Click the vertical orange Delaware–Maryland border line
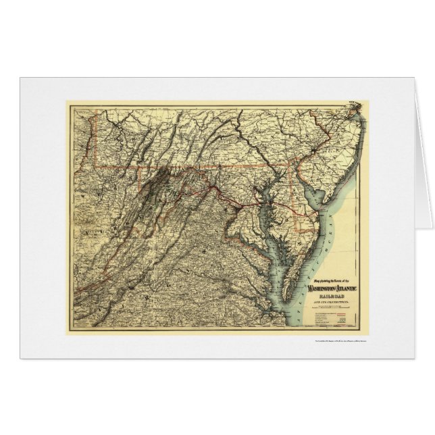pyautogui.click(x=292, y=182)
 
